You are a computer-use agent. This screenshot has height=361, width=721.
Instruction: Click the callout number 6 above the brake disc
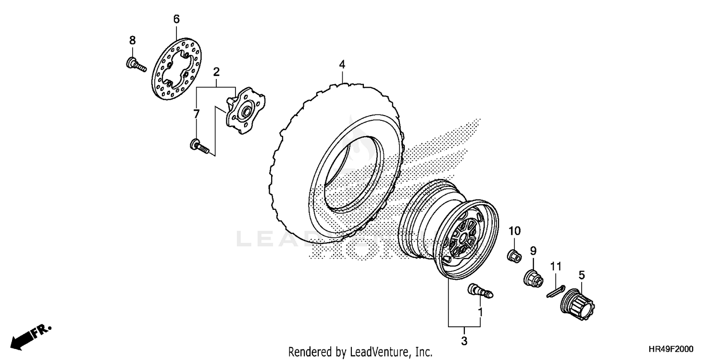tap(176, 19)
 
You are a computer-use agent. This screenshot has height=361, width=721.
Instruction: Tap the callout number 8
tap(132, 40)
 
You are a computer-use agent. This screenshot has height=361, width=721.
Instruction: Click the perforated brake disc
tap(177, 70)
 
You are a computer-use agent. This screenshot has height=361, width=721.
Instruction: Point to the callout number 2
tap(216, 72)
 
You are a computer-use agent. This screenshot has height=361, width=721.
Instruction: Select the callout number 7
tap(196, 114)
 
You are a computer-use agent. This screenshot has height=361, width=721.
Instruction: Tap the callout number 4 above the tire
tap(342, 64)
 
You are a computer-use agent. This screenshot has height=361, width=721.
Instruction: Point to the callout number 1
tap(480, 312)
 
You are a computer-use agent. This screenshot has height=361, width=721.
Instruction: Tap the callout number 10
tap(515, 231)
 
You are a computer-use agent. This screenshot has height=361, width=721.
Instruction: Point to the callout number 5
tap(582, 275)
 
